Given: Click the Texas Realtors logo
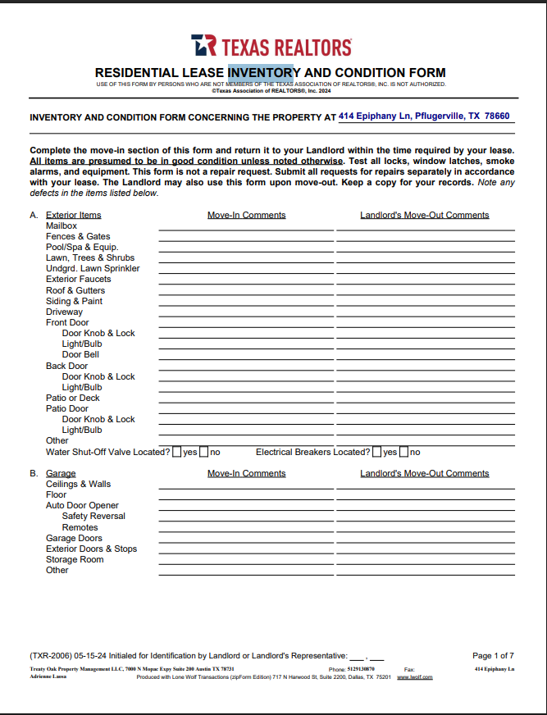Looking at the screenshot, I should (271, 46).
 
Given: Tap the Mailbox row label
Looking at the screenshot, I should (62, 225).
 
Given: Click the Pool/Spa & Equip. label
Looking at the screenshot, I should (82, 247).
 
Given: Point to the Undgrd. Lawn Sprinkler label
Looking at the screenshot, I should (93, 268).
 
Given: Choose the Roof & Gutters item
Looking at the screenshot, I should (75, 290).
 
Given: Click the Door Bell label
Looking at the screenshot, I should (80, 355).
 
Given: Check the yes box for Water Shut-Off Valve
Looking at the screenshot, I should (177, 452).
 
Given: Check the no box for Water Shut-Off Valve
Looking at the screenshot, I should (203, 452).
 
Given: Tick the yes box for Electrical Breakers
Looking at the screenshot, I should (377, 452).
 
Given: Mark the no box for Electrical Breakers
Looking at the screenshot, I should (403, 452).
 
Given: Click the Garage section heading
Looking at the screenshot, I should (61, 473).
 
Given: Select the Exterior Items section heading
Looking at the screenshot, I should (74, 215).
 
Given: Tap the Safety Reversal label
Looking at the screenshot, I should (93, 516).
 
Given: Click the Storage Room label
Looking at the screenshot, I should (75, 559).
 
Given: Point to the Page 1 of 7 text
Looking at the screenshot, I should (493, 655).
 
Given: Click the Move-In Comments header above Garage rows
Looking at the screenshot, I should (246, 473).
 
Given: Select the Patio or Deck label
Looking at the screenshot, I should (73, 398).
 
